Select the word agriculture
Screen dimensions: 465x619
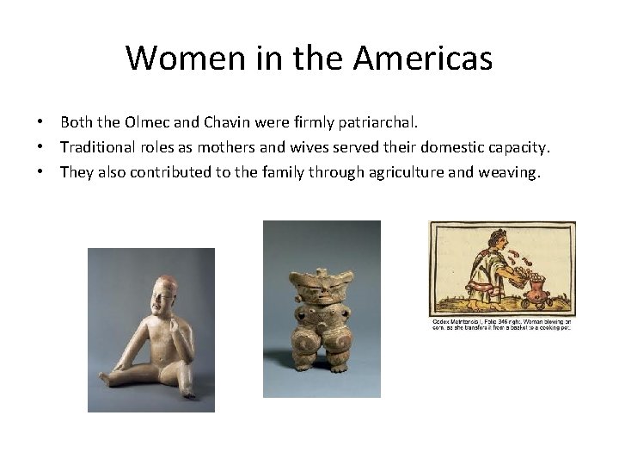(417, 172)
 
